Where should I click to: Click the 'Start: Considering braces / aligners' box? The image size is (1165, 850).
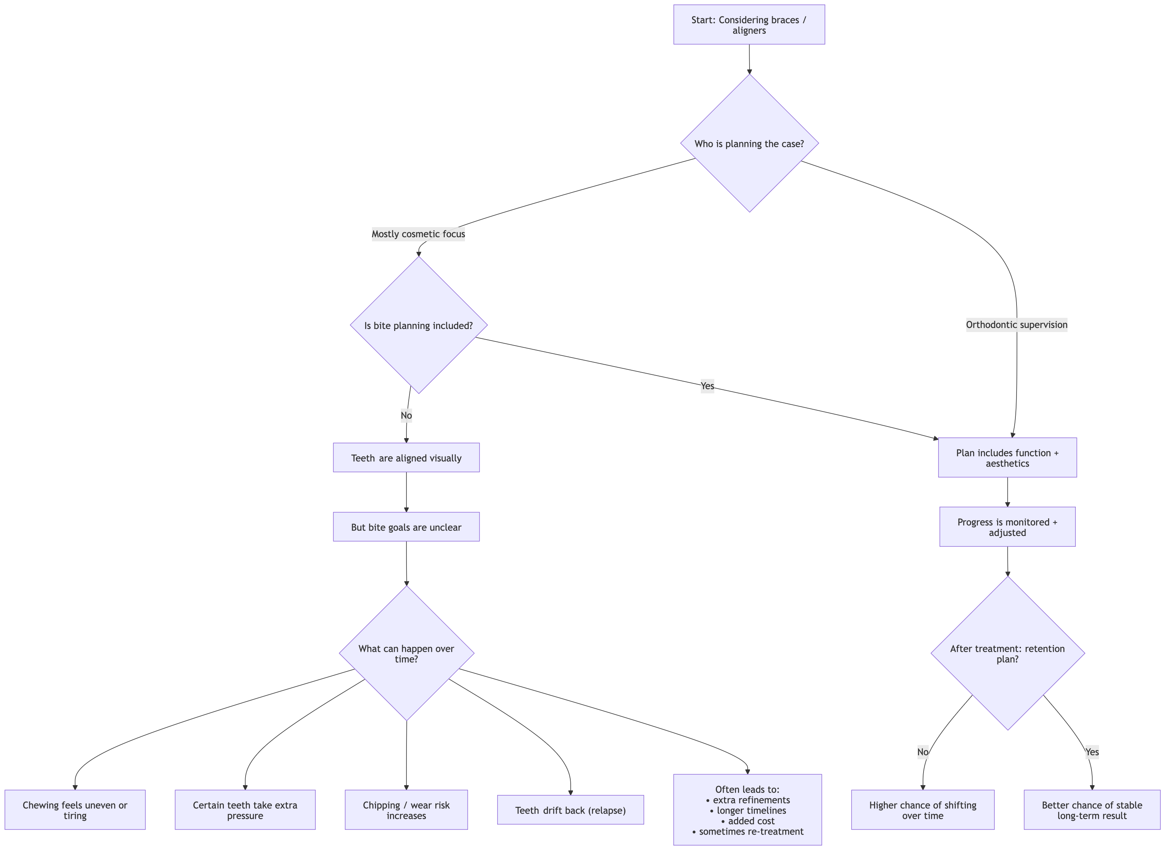pyautogui.click(x=749, y=25)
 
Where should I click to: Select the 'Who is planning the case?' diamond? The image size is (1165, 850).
pyautogui.click(x=749, y=144)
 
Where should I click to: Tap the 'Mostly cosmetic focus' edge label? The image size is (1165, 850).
pyautogui.click(x=418, y=234)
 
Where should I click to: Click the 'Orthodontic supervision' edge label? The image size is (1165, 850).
pyautogui.click(x=1016, y=325)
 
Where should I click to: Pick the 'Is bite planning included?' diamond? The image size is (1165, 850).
pyautogui.click(x=418, y=325)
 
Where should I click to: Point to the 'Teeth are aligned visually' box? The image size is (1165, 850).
pyautogui.click(x=406, y=458)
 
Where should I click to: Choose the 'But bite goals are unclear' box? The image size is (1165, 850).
pyautogui.click(x=406, y=527)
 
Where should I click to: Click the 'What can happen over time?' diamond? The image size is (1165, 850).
pyautogui.click(x=406, y=654)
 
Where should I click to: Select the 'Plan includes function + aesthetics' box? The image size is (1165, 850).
pyautogui.click(x=1007, y=458)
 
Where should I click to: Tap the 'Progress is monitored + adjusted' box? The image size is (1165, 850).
pyautogui.click(x=1007, y=527)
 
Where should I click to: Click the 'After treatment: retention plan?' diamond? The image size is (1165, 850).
pyautogui.click(x=1007, y=654)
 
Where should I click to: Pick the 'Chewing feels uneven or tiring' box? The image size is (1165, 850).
pyautogui.click(x=75, y=810)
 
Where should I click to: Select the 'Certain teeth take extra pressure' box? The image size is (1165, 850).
pyautogui.click(x=245, y=810)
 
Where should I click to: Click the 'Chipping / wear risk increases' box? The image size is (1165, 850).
pyautogui.click(x=406, y=810)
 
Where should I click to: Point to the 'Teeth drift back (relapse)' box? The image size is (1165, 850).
pyautogui.click(x=570, y=810)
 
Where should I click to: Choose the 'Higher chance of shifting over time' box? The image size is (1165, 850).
pyautogui.click(x=922, y=810)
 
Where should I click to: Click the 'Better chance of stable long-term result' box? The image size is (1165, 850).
pyautogui.click(x=1092, y=810)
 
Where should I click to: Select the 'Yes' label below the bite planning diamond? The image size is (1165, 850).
pyautogui.click(x=707, y=386)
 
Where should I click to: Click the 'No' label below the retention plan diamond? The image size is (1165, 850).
pyautogui.click(x=922, y=752)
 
